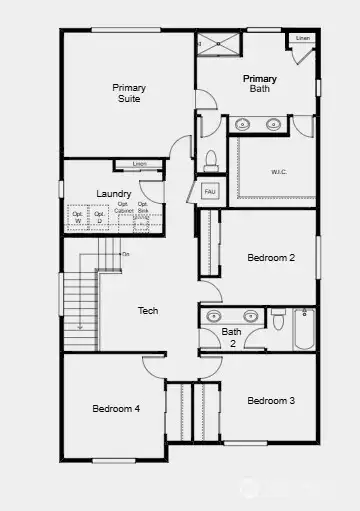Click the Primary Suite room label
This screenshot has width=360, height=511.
[128, 93]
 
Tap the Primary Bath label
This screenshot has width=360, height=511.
[259, 83]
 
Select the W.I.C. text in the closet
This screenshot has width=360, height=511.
[279, 171]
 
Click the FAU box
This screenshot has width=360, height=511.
[210, 190]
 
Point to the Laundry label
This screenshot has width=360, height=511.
[114, 193]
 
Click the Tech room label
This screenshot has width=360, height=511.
[148, 311]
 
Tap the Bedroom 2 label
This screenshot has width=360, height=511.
[271, 258]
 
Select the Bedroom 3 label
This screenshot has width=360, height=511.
[271, 400]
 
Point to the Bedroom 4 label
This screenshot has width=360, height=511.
[116, 408]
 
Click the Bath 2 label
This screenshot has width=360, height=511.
[232, 336]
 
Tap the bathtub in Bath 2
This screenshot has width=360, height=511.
[304, 329]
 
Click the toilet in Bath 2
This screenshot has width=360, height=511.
[277, 322]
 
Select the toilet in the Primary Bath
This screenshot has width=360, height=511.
[210, 160]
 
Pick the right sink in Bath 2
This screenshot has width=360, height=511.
[251, 316]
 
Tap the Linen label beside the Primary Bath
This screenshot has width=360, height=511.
[301, 38]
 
